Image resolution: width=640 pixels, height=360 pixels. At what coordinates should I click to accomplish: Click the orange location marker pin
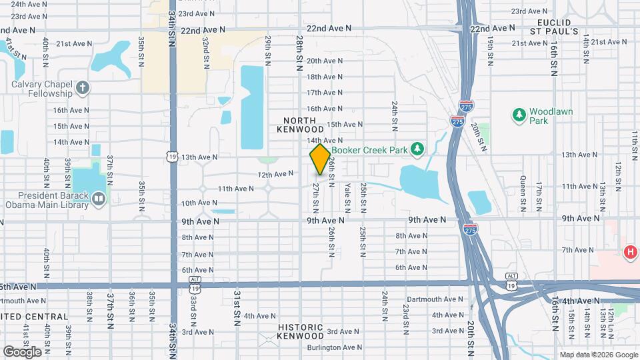[320, 159]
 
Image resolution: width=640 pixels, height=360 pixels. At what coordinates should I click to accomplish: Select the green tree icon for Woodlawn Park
[519, 115]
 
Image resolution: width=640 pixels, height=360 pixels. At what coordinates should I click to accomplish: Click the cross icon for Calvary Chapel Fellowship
[82, 87]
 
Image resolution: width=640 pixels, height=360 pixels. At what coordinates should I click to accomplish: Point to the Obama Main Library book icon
[99, 199]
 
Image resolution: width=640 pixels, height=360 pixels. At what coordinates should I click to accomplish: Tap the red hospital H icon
[629, 252]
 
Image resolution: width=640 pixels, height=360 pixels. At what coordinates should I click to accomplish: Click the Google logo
[22, 351]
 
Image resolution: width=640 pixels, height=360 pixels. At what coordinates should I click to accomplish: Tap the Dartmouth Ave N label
[434, 299]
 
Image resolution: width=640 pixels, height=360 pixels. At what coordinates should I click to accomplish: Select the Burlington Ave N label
[335, 347]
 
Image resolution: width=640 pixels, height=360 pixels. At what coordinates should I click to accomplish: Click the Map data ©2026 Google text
[598, 354]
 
